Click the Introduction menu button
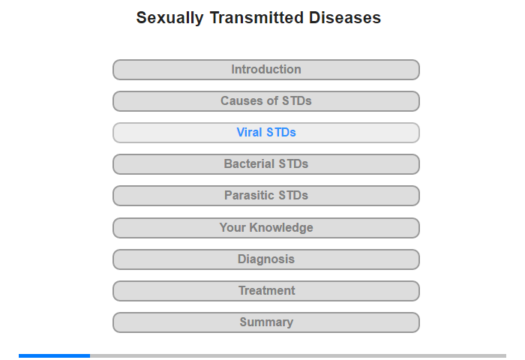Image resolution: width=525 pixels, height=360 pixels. click(265, 70)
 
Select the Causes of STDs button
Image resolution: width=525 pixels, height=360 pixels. click(265, 101)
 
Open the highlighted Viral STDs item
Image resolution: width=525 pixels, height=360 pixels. click(265, 133)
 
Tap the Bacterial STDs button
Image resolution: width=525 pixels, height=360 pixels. click(265, 164)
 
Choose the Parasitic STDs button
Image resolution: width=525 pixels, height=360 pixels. click(265, 196)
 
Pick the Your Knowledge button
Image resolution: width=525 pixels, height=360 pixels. click(265, 228)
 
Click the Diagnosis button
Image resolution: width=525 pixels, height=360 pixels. click(265, 259)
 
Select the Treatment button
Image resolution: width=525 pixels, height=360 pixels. click(265, 291)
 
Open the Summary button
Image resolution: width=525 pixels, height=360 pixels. click(265, 322)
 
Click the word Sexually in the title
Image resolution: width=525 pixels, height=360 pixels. click(169, 18)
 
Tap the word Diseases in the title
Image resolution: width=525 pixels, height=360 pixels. click(346, 18)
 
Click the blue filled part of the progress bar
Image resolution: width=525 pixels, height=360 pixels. click(54, 355)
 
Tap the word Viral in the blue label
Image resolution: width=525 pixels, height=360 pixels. click(249, 133)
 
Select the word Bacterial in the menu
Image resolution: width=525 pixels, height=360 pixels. click(250, 164)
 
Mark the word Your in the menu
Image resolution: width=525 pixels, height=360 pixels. click(232, 228)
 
